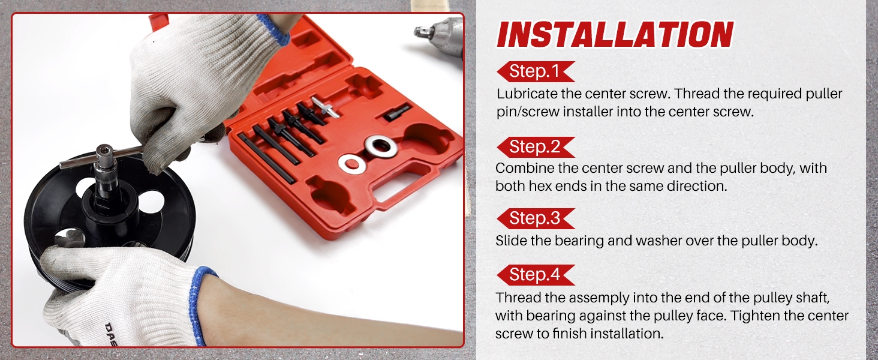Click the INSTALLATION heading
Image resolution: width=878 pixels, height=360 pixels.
615,35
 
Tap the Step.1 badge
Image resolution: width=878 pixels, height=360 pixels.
534,72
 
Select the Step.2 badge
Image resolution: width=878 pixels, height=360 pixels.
534,146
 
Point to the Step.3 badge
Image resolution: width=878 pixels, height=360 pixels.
534,218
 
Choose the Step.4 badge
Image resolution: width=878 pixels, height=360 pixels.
534,275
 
